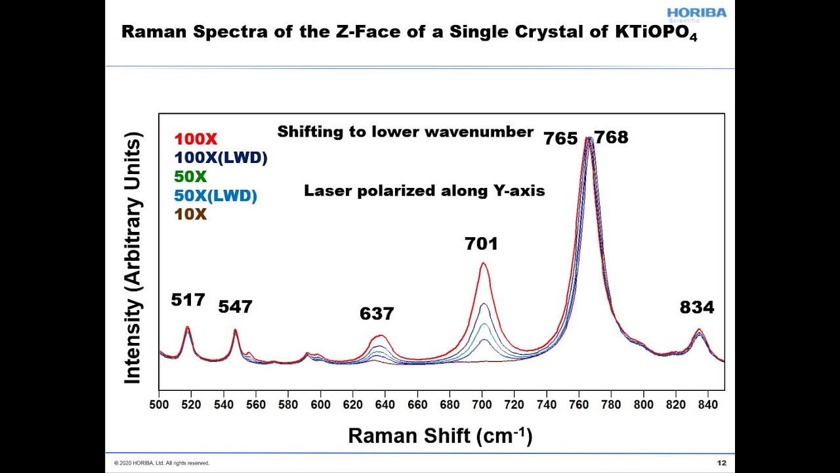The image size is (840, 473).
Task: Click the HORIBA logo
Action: [696, 14]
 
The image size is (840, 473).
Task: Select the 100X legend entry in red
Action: [196, 139]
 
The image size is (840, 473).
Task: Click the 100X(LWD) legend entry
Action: [220, 158]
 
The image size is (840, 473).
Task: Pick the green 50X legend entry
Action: [190, 177]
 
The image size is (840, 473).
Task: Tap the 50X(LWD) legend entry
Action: [215, 196]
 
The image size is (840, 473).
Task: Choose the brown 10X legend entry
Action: [190, 214]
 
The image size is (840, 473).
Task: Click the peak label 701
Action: [481, 244]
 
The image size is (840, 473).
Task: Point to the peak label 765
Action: [560, 139]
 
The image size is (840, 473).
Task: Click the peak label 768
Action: [611, 138]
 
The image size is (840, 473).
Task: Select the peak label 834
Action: [696, 307]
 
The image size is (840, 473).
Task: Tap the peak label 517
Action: [188, 300]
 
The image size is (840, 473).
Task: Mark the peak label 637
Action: [377, 314]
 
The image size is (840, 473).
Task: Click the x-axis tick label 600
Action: [320, 405]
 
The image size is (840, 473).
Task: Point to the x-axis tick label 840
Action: [707, 405]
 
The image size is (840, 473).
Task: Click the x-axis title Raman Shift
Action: [440, 435]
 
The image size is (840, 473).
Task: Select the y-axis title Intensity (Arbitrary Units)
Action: [133, 258]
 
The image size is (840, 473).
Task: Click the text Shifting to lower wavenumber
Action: [405, 132]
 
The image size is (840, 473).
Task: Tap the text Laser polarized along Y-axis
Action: [424, 191]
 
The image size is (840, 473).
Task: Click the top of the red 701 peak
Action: [483, 263]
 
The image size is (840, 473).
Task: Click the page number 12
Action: [722, 463]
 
